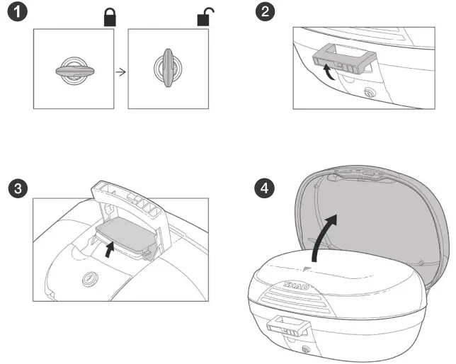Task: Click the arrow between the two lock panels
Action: click(121, 72)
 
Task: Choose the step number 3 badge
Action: click(16, 188)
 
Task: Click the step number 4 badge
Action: click(263, 188)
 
